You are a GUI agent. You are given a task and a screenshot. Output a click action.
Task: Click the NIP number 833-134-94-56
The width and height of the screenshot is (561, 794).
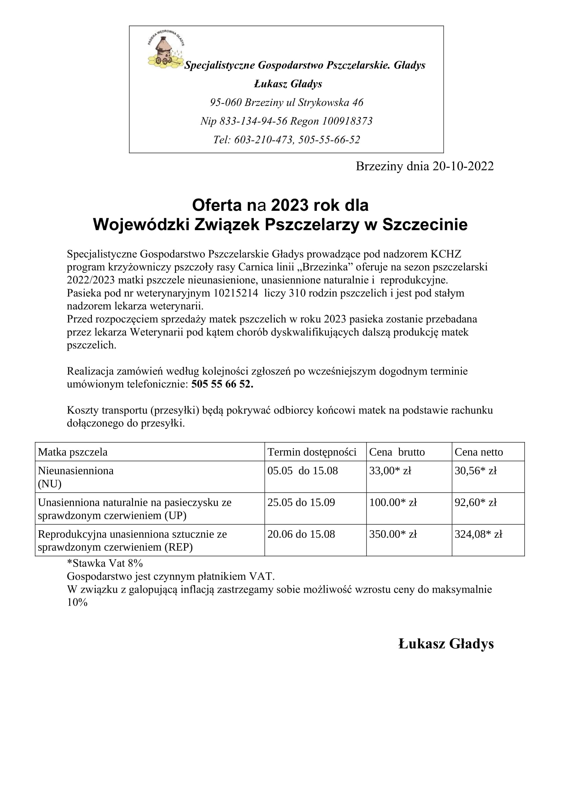[254, 121]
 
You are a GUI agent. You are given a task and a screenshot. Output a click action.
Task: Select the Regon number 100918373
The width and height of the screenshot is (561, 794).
[347, 121]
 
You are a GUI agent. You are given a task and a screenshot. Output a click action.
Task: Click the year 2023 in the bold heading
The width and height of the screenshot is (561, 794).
[290, 205]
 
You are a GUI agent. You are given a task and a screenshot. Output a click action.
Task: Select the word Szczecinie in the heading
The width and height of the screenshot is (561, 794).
[425, 224]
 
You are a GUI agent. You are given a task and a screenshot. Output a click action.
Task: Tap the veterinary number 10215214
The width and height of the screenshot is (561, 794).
[236, 293]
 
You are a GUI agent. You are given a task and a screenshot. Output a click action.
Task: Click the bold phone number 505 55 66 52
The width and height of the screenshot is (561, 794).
[222, 384]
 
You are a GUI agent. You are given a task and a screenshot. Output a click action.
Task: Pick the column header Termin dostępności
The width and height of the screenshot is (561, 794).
[312, 452]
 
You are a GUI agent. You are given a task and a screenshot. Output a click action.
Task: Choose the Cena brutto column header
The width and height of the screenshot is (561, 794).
[397, 452]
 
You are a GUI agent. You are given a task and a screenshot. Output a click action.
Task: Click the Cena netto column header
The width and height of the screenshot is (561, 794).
[479, 452]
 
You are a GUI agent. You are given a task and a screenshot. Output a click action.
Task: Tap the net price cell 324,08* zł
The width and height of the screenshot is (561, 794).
[478, 534]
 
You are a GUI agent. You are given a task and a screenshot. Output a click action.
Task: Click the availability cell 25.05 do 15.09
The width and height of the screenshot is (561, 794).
[301, 502]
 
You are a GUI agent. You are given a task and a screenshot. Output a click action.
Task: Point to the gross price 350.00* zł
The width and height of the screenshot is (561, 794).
[393, 534]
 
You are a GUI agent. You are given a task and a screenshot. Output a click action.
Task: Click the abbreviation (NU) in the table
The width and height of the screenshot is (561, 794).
[50, 484]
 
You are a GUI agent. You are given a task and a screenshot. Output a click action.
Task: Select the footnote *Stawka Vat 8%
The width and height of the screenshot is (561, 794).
[105, 564]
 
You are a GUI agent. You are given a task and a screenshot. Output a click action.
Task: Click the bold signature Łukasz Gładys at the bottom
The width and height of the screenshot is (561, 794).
[446, 644]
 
